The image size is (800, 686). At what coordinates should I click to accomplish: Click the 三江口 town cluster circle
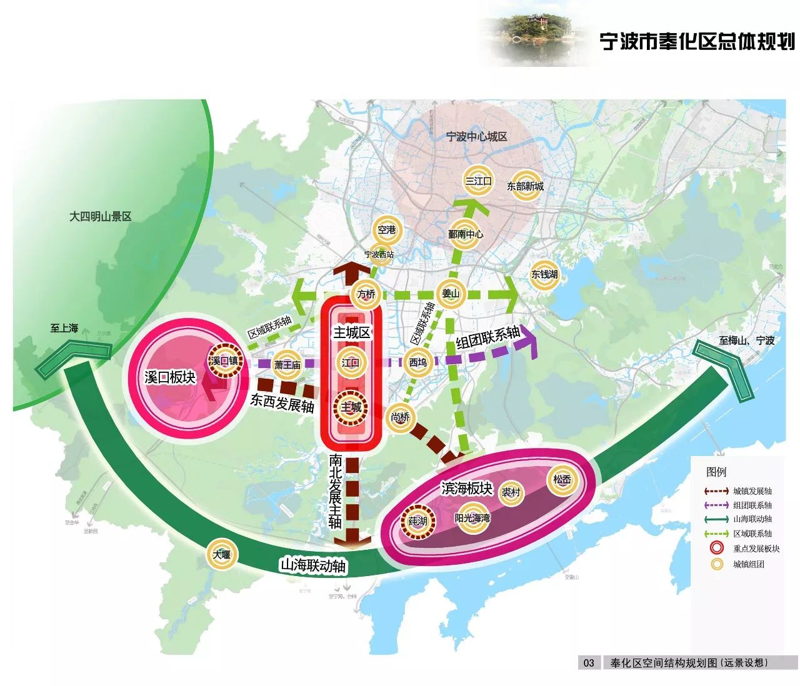click(x=478, y=181)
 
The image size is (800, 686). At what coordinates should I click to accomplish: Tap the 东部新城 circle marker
click(x=525, y=186)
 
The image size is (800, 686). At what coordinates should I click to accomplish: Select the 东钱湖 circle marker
click(x=544, y=274)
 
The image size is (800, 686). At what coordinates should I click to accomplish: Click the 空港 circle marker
click(x=387, y=230)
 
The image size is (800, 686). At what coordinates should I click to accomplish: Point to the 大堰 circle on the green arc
click(x=221, y=554)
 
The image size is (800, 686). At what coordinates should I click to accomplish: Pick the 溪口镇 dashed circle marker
click(x=224, y=361)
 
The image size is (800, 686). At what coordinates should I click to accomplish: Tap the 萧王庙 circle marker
click(x=287, y=365)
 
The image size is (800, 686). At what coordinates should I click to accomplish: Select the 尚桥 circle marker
click(x=400, y=417)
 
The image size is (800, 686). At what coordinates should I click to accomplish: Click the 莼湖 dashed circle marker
click(x=417, y=521)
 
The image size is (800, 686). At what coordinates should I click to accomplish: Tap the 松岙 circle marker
click(x=562, y=480)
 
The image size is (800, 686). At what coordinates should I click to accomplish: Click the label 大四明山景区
click(x=100, y=217)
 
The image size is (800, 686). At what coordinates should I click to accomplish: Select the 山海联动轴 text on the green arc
click(x=312, y=566)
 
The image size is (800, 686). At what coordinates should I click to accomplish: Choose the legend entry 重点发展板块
click(x=756, y=549)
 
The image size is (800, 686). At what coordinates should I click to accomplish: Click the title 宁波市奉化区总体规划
click(x=697, y=42)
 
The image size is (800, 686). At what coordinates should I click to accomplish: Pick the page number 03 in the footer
click(x=589, y=663)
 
